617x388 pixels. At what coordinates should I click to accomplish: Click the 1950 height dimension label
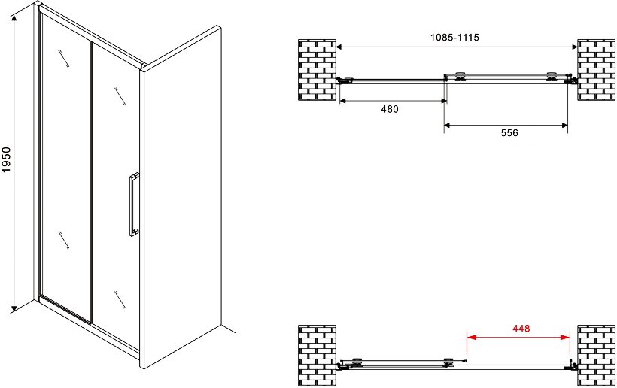point(6,159)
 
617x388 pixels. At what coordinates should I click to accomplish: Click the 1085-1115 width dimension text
point(454,38)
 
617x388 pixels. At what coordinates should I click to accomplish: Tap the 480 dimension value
point(390,109)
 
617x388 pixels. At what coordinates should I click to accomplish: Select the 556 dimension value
point(509,133)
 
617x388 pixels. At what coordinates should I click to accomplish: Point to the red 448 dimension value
point(521,328)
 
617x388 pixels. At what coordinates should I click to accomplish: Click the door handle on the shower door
point(134,205)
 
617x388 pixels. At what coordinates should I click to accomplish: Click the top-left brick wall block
point(318,70)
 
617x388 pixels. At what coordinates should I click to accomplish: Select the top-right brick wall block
point(596,70)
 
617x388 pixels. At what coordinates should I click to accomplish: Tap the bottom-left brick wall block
point(318,356)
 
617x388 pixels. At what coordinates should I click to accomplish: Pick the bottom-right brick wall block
point(596,356)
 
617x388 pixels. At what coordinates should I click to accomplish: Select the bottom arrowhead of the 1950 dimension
point(14,308)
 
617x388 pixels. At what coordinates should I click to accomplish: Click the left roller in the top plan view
point(460,76)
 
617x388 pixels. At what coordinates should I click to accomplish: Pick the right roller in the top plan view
point(552,76)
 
